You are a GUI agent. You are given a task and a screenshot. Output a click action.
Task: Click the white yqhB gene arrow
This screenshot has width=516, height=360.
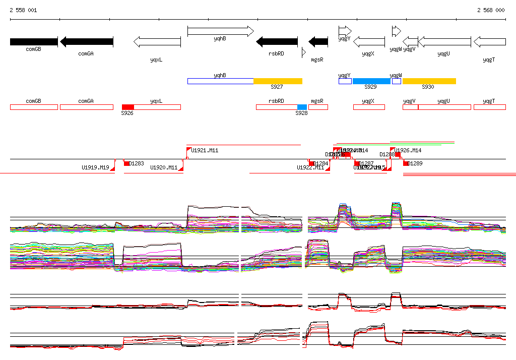coord(220,31)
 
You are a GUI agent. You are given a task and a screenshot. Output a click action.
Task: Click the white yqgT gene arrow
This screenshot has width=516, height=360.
coord(489,42)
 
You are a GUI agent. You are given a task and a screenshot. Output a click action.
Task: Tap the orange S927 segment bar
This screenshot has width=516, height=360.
coord(278,81)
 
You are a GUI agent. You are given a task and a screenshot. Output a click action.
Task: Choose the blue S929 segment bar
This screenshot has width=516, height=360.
coord(371,81)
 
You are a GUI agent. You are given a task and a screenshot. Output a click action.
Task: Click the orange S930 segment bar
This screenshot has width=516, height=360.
coord(429,81)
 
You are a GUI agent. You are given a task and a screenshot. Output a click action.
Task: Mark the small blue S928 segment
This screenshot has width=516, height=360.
coord(302,107)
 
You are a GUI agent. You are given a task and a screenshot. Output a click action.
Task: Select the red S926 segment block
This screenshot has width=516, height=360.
coord(128,107)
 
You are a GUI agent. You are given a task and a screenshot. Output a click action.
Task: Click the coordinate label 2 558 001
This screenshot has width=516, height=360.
coord(23,10)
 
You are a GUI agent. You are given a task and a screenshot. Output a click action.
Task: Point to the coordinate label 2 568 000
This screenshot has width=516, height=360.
coord(491,10)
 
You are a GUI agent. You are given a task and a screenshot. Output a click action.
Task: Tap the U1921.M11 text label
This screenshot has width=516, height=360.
coord(205,150)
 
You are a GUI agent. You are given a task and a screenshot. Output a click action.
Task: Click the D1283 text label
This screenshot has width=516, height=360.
coord(137,163)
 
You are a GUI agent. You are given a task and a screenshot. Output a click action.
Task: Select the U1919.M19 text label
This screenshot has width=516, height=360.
coord(95,167)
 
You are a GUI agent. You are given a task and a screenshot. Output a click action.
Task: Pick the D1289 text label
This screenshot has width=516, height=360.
coord(415,163)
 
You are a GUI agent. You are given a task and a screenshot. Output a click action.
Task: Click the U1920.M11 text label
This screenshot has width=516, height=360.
coord(164,167)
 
